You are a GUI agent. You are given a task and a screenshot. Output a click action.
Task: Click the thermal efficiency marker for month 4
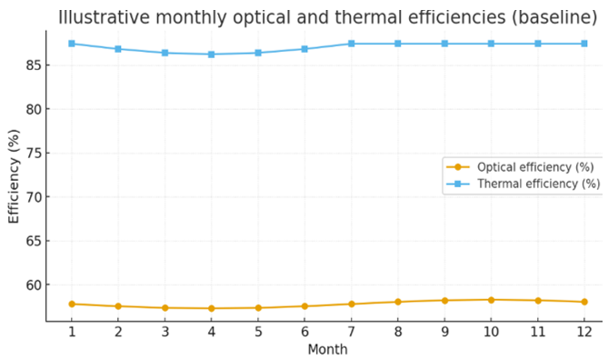click(212, 55)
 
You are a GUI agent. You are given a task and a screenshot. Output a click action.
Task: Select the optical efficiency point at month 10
click(491, 300)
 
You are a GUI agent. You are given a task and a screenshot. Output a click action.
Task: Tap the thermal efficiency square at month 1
click(72, 44)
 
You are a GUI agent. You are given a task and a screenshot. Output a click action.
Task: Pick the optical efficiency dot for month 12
click(584, 302)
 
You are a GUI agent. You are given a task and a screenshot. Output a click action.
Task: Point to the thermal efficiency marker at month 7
click(352, 44)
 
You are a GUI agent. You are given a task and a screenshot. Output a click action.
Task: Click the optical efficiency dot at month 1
click(72, 305)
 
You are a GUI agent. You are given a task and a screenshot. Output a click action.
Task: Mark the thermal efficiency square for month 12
click(584, 44)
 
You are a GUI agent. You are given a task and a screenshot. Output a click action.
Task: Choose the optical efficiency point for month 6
click(304, 306)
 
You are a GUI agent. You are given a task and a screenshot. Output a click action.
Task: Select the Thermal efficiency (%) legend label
click(539, 184)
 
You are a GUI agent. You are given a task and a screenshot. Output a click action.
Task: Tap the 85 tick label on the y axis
click(34, 65)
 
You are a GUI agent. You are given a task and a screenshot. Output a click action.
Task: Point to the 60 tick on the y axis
click(34, 285)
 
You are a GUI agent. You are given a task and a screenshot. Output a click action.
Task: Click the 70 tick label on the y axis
click(34, 197)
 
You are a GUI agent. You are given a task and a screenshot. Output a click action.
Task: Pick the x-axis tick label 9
click(444, 332)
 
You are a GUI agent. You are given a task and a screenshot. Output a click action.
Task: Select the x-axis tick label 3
click(165, 332)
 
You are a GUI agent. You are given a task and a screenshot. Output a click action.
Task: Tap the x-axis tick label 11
click(538, 332)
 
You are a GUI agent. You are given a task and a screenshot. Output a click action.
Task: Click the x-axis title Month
click(328, 349)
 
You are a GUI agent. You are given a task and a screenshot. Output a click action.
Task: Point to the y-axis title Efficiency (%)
click(14, 176)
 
